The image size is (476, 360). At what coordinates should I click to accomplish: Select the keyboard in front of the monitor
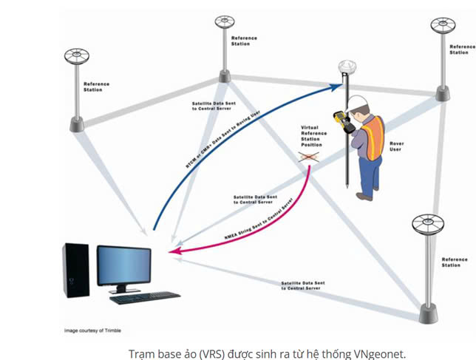(x=144, y=297)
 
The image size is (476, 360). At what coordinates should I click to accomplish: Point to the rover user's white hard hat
(x=358, y=101)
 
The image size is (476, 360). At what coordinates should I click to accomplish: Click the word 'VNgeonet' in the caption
(x=380, y=353)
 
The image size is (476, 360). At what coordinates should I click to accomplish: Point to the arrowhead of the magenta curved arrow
(x=172, y=254)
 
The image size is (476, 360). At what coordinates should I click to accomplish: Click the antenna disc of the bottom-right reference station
(x=426, y=222)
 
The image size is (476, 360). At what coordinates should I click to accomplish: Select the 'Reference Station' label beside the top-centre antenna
(x=245, y=40)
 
